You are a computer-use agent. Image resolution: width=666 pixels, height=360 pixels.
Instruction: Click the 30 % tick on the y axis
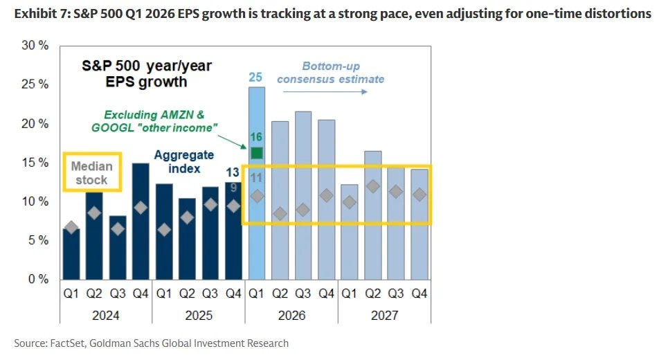coord(35,46)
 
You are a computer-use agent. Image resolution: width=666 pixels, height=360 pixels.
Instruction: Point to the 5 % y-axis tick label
coord(38,240)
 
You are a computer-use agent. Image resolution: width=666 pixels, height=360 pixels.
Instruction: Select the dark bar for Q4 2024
coord(141,221)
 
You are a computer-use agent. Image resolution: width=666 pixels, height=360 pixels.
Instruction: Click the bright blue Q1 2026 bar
coord(257,183)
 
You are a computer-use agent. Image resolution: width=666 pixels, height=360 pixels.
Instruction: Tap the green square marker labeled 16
coord(257,153)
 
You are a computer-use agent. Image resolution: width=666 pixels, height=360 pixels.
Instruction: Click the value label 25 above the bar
coord(255,78)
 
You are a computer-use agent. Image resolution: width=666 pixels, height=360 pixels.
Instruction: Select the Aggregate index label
coord(184,162)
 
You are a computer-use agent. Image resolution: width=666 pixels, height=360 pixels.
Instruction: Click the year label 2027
coord(384,316)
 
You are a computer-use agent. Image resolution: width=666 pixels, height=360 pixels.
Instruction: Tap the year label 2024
coord(106,316)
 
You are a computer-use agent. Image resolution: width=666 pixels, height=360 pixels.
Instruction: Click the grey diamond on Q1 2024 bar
coord(71,227)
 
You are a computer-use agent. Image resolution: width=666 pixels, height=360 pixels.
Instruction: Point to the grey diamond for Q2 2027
coord(373,186)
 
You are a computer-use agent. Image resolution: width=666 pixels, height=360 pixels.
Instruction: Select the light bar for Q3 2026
coord(303,195)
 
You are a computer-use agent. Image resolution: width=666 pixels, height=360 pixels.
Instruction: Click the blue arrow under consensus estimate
coord(325,91)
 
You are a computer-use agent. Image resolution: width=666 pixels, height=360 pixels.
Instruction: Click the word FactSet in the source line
coord(67,343)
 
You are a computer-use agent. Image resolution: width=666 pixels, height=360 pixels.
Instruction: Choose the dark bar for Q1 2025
coord(164,231)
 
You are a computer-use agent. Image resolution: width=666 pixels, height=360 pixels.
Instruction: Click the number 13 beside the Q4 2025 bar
coord(233,172)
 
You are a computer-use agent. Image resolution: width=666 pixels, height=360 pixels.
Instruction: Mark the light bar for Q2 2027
coord(373,215)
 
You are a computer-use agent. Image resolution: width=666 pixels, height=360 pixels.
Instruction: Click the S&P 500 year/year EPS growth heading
coord(147,73)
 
